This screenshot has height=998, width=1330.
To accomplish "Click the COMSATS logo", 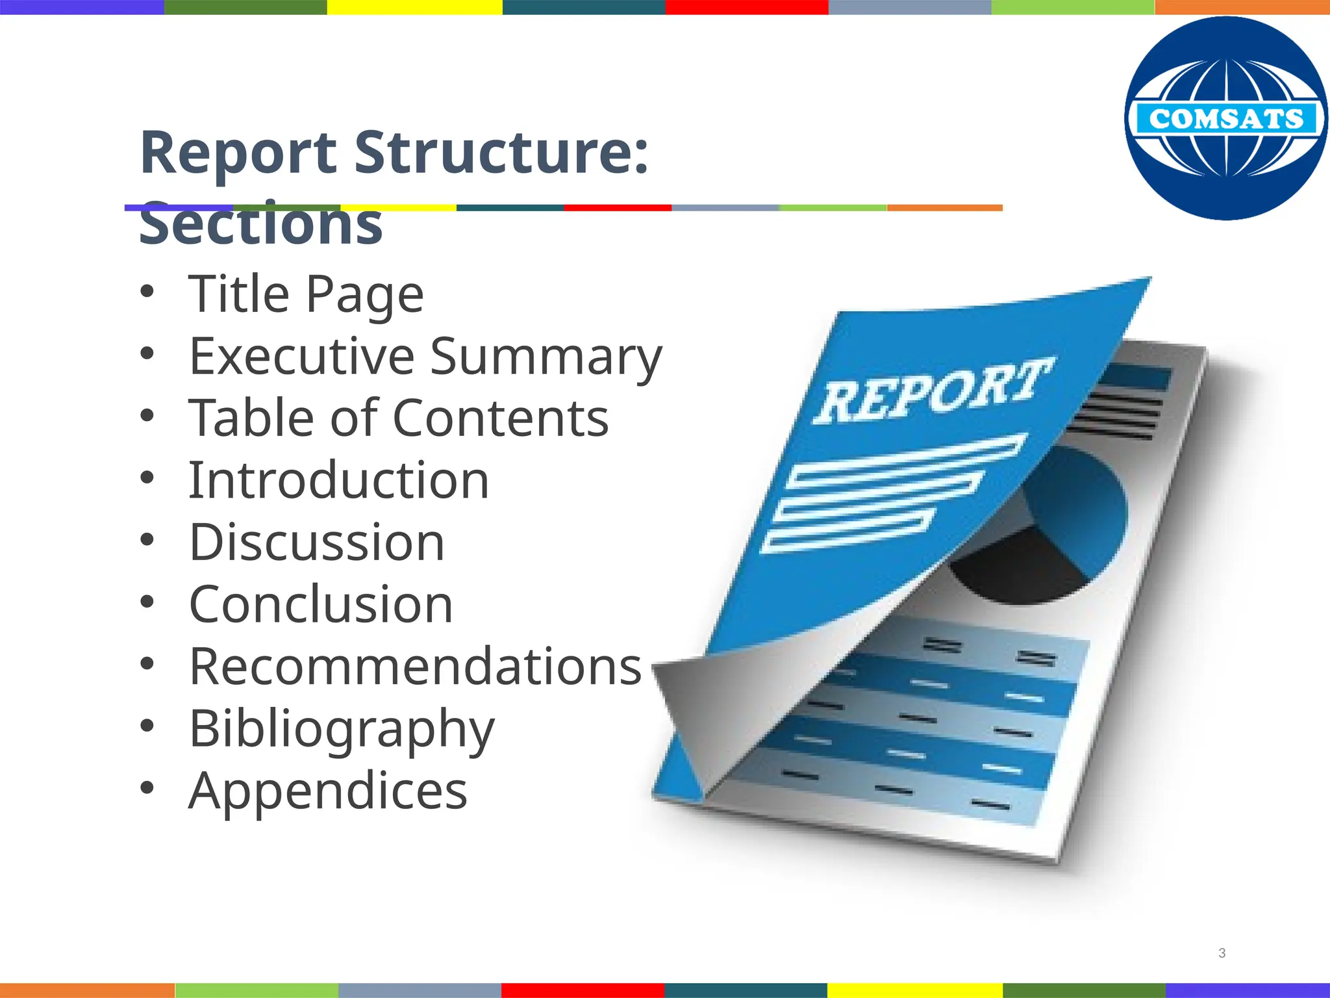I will coord(1226,118).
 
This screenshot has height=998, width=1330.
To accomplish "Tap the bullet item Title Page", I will coord(306,294).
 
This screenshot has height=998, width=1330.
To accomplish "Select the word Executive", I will coord(301,356).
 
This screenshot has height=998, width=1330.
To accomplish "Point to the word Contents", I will coord(501,418).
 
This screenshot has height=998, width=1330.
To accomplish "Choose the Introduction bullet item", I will coord(338,480).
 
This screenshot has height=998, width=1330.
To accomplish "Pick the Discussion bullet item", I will coord(317,542).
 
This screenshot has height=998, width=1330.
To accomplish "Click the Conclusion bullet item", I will coord(321,604).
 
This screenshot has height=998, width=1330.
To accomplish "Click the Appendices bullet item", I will coord(328,791).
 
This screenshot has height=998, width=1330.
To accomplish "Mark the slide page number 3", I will coord(1222,953).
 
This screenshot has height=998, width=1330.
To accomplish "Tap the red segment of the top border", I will coord(747,7).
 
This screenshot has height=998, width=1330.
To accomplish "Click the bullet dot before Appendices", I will coord(147,787).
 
